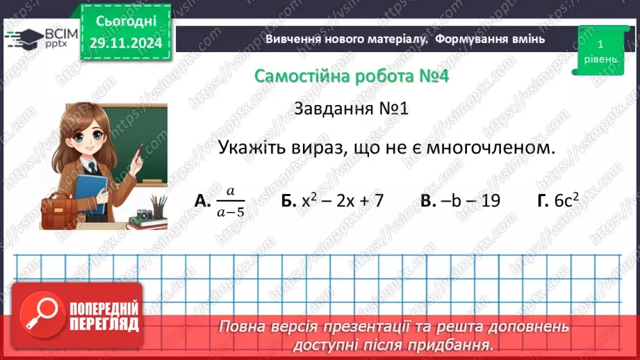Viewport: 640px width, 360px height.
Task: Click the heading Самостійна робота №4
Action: [x=351, y=76]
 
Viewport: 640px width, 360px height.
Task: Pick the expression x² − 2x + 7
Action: [x=343, y=200]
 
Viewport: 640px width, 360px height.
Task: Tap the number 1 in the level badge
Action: [x=599, y=43]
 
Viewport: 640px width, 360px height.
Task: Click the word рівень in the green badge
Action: [x=599, y=59]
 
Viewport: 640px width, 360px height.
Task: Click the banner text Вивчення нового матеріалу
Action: [x=345, y=39]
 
